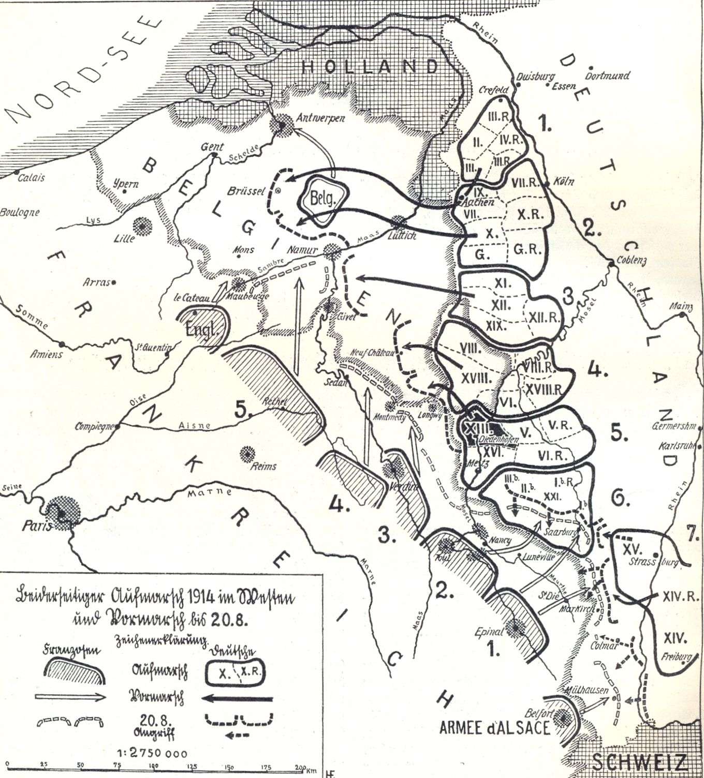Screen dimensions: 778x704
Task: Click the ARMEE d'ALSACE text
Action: coord(494,728)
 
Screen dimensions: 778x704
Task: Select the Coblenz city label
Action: coord(628,261)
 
